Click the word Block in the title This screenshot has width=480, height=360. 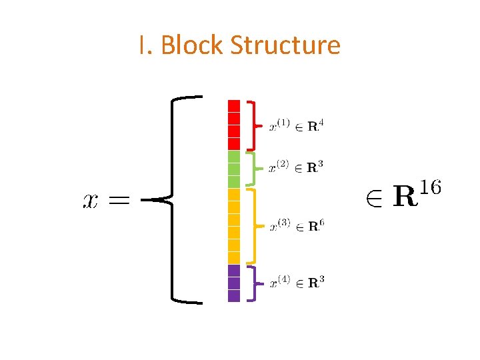[x=192, y=45]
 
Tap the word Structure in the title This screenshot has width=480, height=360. [x=285, y=45]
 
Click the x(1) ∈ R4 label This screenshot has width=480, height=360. [x=297, y=126]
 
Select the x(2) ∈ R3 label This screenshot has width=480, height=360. [x=297, y=167]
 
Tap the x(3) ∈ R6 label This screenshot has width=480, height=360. [x=297, y=226]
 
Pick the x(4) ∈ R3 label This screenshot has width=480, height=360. [x=297, y=283]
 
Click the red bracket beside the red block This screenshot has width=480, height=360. [x=252, y=125]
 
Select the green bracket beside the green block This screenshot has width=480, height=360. [x=252, y=168]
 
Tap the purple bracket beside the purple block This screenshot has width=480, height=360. [x=251, y=283]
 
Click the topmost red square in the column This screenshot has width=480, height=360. [x=234, y=105]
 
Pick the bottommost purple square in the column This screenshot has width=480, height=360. [x=234, y=296]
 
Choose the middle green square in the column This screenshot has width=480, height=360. [x=234, y=169]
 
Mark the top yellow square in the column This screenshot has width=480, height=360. [x=234, y=194]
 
